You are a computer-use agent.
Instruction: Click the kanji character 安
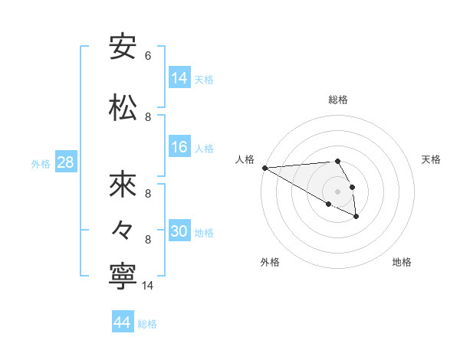point(123,47)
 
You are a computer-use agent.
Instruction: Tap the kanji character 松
point(123,108)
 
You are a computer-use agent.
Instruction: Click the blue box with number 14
point(179,77)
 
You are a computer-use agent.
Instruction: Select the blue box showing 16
point(179,147)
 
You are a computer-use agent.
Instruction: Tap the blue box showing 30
point(179,231)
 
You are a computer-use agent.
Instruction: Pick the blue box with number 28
point(65,162)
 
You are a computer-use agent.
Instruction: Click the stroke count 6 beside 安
point(148,56)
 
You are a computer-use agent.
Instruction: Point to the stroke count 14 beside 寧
point(148,286)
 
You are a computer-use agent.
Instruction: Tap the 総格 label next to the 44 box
point(147,324)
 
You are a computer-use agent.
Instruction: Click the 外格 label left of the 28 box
point(41,163)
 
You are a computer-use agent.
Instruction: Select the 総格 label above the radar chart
point(338,100)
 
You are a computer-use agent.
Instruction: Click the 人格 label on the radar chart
point(245,159)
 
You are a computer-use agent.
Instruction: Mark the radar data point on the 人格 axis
point(264,168)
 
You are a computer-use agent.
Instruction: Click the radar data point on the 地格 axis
point(356,217)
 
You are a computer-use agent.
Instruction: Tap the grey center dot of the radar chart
point(338,191)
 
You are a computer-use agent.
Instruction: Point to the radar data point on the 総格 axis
point(337,161)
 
